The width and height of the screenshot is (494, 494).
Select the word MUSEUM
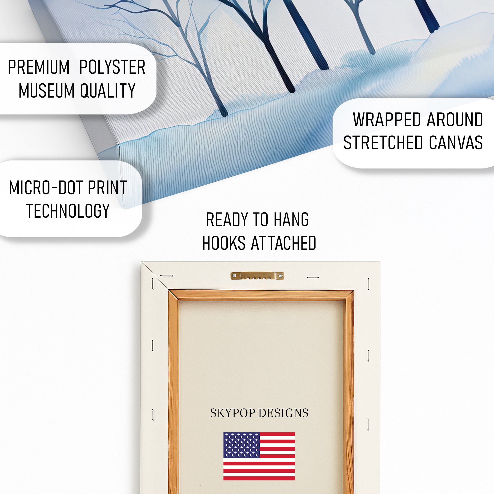coord(47,90)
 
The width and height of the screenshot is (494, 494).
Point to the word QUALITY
coord(108,90)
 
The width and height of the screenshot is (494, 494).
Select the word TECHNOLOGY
coord(68,211)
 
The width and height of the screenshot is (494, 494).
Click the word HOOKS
coord(224,243)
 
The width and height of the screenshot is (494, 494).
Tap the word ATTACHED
coord(284,243)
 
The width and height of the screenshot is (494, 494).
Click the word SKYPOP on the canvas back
coord(233,413)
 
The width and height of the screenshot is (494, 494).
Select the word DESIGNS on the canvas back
coord(283,413)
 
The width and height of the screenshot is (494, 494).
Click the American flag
coord(259,456)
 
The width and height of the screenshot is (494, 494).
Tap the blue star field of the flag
coord(242,445)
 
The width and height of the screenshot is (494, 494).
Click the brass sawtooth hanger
coord(257,276)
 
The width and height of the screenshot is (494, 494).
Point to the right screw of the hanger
coord(281,276)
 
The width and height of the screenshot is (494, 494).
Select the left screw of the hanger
coord(234,276)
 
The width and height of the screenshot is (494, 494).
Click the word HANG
coord(291,220)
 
